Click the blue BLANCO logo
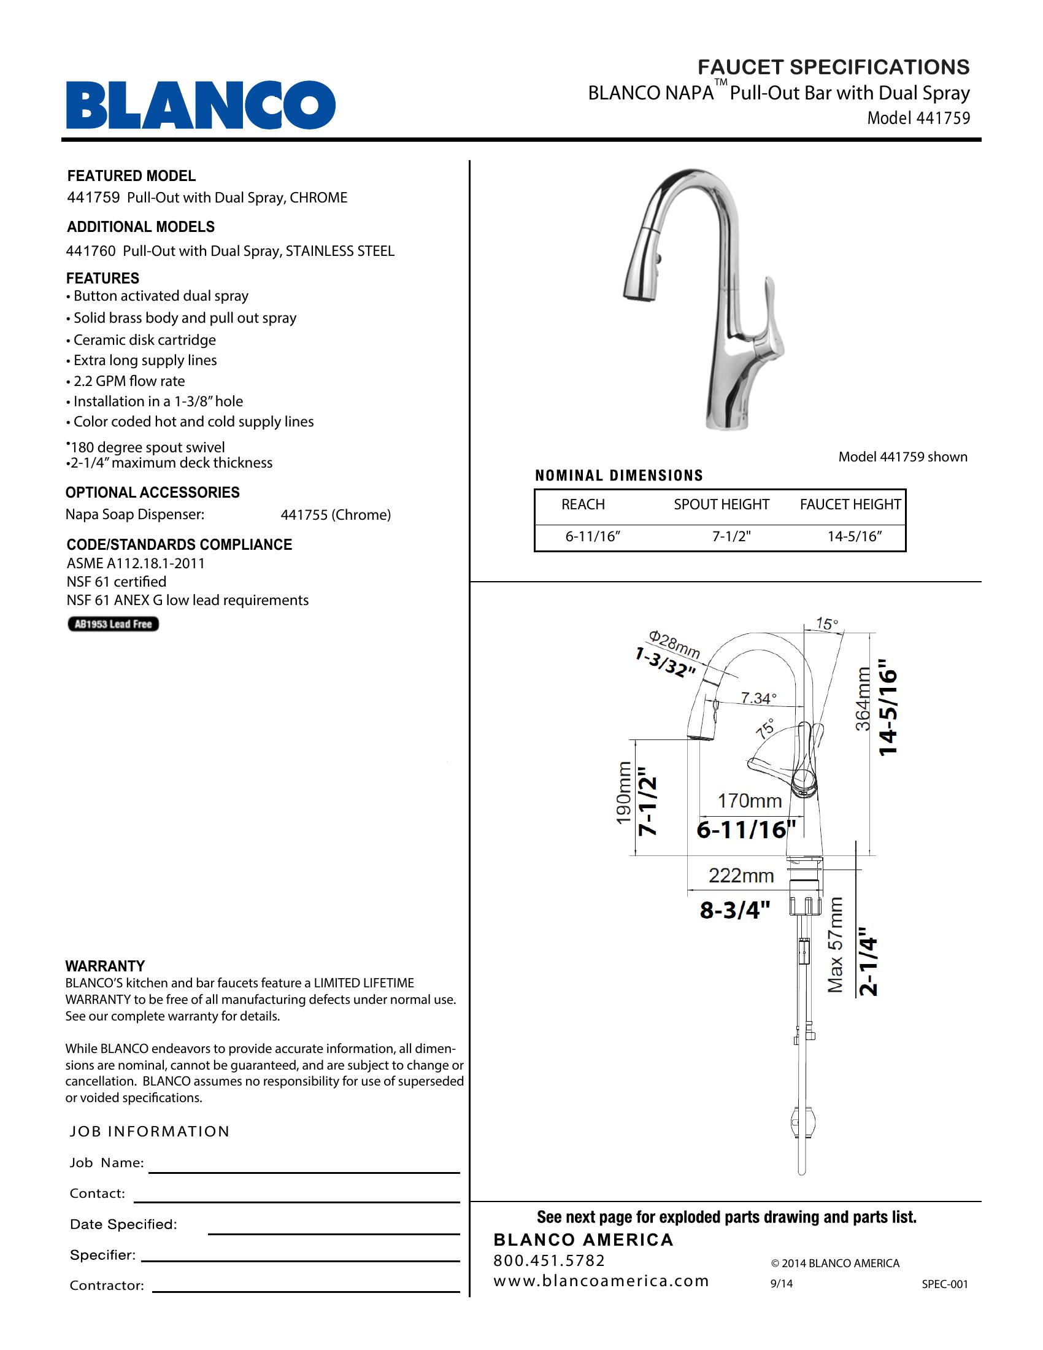coord(201,105)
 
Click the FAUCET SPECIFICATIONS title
coord(834,67)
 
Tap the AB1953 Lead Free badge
coord(113,624)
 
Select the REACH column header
coord(583,504)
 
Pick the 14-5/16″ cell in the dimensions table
coord(855,536)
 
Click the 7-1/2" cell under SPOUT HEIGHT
coord(731,536)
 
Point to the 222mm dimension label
coord(741,875)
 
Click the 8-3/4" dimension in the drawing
coord(734,909)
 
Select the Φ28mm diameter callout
coord(674,644)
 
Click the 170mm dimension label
coord(749,801)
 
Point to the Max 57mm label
coord(836,946)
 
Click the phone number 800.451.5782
coord(549,1260)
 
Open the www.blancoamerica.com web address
coord(601,1281)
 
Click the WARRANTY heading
coord(105,966)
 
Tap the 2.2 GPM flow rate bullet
coord(128,382)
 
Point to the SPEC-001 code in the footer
coord(944,1284)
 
